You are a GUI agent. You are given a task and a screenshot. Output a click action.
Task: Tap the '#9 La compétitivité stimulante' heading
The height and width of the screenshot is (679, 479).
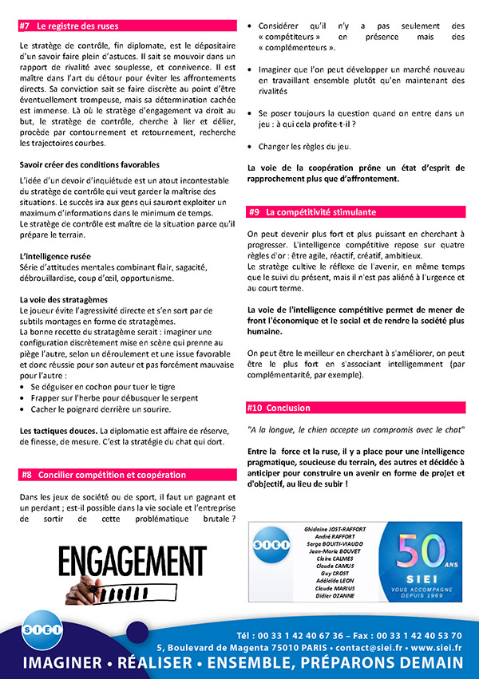point(311,212)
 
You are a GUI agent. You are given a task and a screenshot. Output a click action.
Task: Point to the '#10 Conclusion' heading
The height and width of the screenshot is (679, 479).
point(279,408)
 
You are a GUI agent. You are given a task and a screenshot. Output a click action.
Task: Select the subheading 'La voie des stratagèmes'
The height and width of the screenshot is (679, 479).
point(63,299)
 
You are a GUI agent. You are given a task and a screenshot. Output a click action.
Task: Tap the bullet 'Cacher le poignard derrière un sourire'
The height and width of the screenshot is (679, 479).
point(100,409)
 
